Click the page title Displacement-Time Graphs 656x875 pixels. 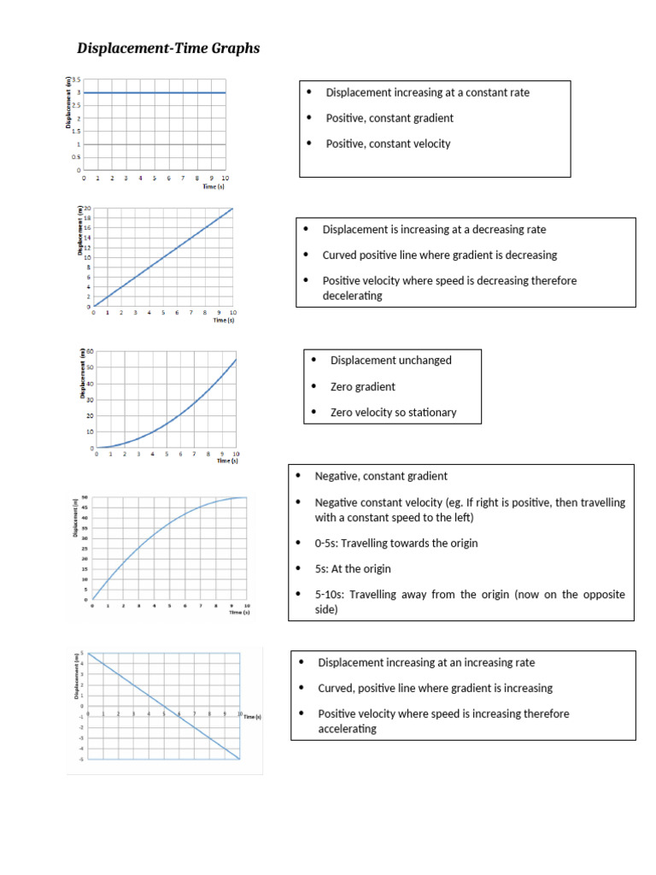168,49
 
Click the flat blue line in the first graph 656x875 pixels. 154,92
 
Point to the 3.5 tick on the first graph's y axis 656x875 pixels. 76,79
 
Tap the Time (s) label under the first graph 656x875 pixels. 213,185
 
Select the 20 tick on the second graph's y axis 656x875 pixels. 87,208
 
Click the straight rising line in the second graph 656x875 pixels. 162,257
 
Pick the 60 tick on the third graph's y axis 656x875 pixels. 90,352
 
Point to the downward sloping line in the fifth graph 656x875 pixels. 162,706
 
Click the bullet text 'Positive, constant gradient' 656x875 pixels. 389,118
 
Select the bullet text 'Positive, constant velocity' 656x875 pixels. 388,144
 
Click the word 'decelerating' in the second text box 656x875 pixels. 352,296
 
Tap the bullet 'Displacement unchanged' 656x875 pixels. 390,360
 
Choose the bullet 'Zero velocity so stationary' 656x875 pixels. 393,412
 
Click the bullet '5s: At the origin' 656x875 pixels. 354,568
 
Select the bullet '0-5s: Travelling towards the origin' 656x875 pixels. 395,543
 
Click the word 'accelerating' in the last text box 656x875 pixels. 347,729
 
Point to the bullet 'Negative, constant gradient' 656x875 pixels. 381,476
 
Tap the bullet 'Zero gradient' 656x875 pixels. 362,386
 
